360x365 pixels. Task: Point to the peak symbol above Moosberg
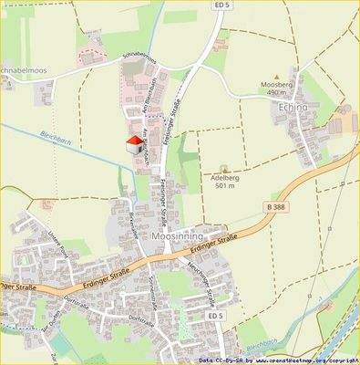pyautogui.click(x=276, y=77)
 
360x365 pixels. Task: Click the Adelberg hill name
pyautogui.click(x=225, y=178)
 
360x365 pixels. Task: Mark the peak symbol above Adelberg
pyautogui.click(x=225, y=169)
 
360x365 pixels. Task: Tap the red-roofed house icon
pyautogui.click(x=133, y=145)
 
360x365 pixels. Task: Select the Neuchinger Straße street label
pyautogui.click(x=209, y=283)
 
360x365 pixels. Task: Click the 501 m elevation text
pyautogui.click(x=225, y=186)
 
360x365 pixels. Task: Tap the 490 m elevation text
pyautogui.click(x=277, y=93)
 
